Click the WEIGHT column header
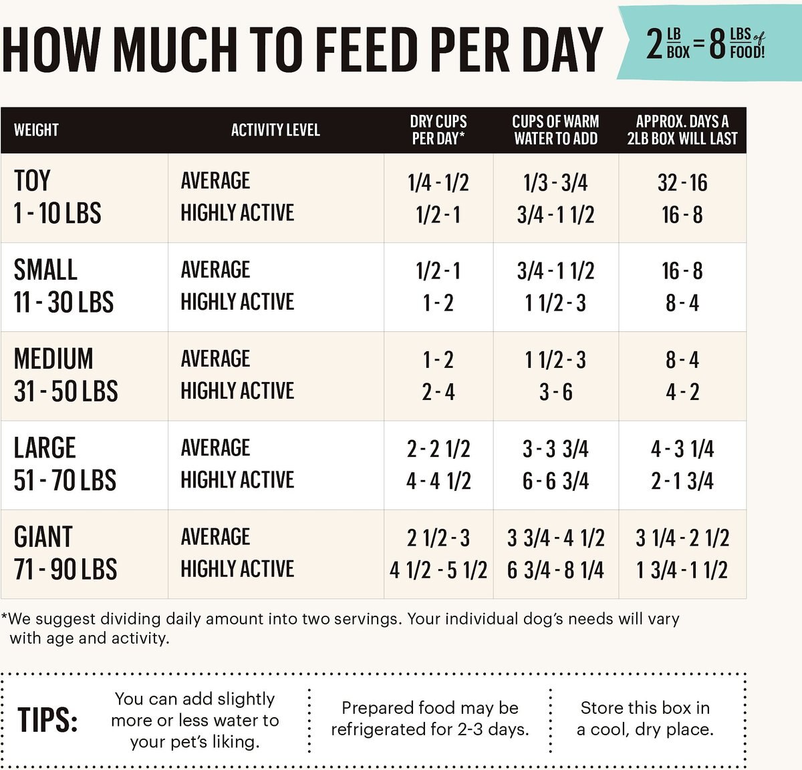36,130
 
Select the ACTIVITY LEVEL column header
275,130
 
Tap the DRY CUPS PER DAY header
438,130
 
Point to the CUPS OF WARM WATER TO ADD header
555,130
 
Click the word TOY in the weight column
32,181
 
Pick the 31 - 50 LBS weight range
66,391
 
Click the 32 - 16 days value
682,182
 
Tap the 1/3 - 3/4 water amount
555,182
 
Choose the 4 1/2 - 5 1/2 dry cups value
438,570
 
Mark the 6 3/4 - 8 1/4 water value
555,570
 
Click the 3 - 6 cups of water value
556,391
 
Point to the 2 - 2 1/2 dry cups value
438,448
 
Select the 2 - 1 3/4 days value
682,481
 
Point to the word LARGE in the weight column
45,447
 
